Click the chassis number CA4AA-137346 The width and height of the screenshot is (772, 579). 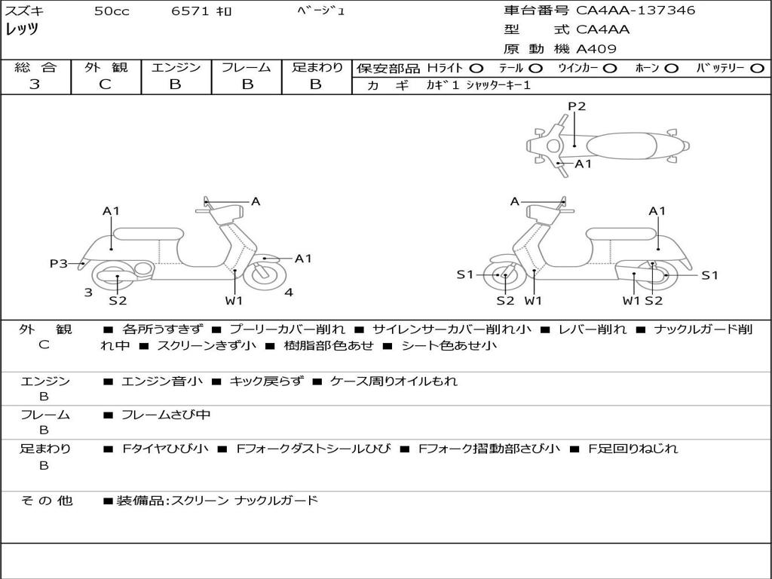coord(636,11)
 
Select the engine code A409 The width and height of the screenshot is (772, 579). coord(596,49)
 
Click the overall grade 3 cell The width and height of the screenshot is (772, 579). coord(35,84)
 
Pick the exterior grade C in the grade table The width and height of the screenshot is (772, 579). coord(105,84)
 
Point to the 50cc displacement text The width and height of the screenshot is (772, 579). coord(112,11)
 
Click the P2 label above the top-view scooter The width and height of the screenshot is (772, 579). coord(577,106)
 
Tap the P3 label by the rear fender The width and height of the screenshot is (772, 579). coord(58,263)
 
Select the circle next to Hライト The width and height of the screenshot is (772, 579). coord(476,68)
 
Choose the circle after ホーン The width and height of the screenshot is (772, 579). coord(671,68)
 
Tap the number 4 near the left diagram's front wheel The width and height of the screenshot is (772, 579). coord(289,292)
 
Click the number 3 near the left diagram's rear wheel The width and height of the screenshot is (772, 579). coord(88,292)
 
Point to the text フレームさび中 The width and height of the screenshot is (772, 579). coord(166,415)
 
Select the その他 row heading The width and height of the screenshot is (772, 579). coord(46,500)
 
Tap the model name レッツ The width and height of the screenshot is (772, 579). coord(23,29)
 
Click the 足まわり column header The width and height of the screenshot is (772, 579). coord(317,68)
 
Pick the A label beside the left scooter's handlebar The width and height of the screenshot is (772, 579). coord(256,201)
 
